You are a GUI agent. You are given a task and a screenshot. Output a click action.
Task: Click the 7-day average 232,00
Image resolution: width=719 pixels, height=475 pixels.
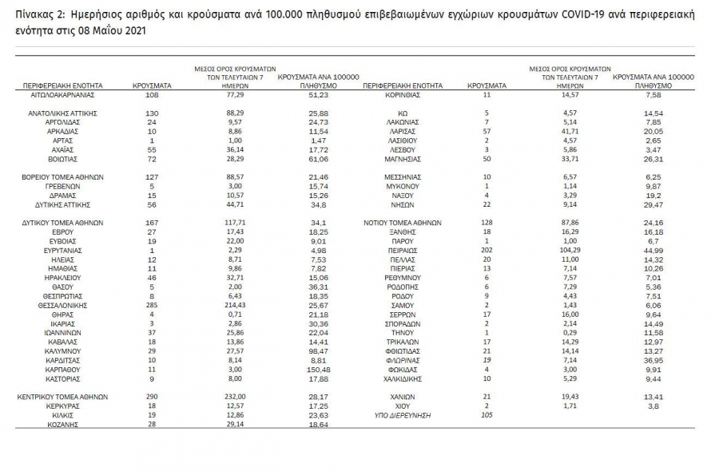pos(235,397)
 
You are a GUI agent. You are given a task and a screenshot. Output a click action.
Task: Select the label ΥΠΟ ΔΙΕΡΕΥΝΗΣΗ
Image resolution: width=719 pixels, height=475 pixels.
pos(403,415)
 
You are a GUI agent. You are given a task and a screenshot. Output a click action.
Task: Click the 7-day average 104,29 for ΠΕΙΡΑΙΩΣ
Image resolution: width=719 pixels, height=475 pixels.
pos(565,250)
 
